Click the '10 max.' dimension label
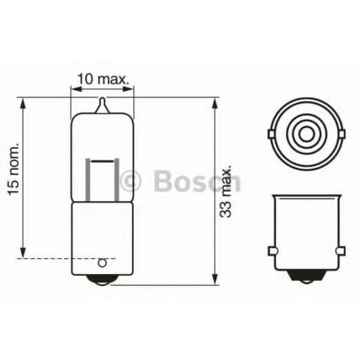103,78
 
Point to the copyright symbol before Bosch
130,181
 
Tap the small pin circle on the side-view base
103,263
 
